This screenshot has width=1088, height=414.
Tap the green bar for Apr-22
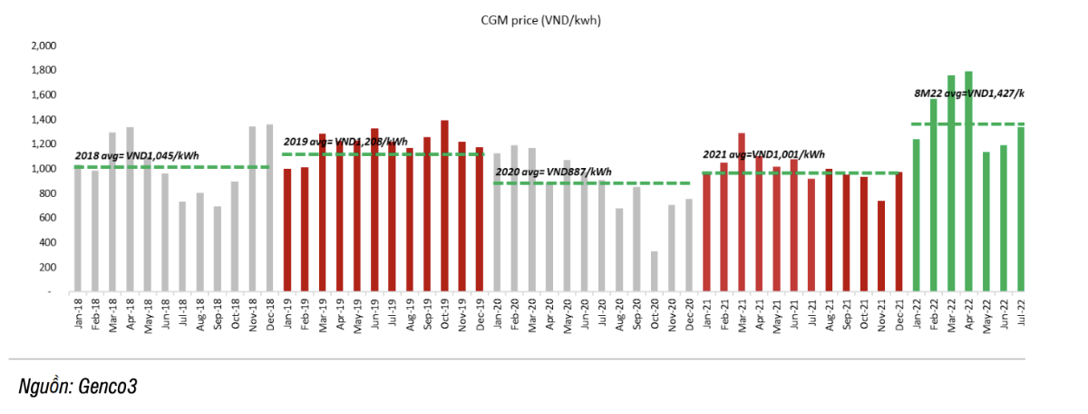click(x=968, y=182)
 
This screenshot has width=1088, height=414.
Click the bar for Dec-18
click(x=269, y=208)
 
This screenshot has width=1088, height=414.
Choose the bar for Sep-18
click(x=217, y=249)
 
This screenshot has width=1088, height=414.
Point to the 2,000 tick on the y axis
click(x=44, y=45)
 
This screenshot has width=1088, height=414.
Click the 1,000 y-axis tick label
click(x=44, y=169)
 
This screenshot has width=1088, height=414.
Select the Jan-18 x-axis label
click(x=77, y=312)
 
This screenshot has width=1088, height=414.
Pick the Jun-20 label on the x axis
click(x=584, y=312)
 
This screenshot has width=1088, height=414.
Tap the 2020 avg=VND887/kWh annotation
click(x=553, y=172)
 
